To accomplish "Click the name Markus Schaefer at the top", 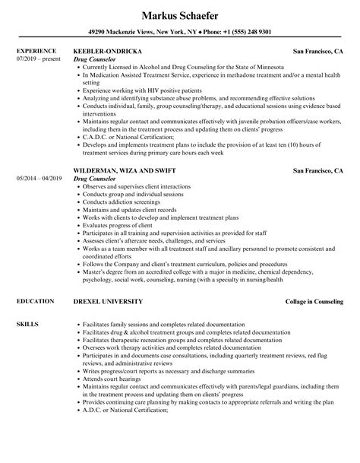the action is [179, 14].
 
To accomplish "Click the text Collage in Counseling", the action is [312, 281].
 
